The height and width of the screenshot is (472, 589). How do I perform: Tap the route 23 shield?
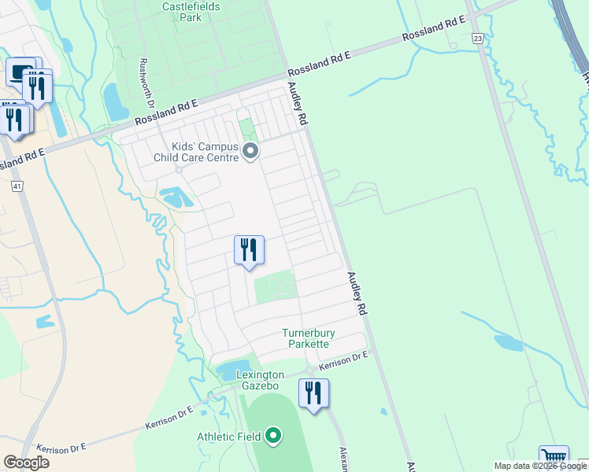(477, 38)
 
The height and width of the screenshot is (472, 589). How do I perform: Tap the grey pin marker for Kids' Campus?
(251, 151)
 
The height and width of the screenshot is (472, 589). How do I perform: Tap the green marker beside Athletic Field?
(273, 434)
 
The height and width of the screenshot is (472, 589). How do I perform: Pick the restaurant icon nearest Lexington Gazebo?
(313, 393)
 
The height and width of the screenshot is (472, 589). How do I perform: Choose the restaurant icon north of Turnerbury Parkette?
(249, 250)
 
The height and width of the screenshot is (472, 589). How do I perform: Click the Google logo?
(26, 463)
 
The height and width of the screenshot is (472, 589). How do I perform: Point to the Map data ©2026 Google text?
(540, 466)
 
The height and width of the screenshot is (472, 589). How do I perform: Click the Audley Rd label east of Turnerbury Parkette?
(358, 294)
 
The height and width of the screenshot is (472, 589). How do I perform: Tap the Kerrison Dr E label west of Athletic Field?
(169, 418)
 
